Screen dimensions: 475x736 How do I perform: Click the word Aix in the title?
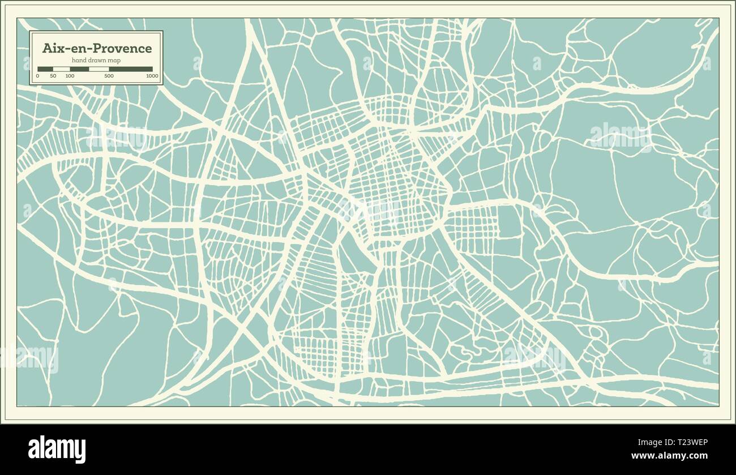(x=53, y=48)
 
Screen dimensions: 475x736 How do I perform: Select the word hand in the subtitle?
(x=79, y=61)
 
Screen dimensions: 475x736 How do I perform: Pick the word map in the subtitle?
(x=115, y=61)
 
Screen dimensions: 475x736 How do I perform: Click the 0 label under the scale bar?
(x=38, y=75)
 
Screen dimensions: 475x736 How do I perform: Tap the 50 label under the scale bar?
(x=53, y=75)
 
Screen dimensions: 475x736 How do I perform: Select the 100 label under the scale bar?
(x=70, y=75)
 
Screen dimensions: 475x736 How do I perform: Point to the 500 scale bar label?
(x=109, y=75)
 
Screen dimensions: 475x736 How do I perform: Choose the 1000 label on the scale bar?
(x=152, y=75)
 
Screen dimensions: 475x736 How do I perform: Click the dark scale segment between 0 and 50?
(x=45, y=69)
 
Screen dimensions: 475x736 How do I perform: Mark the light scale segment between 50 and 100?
(x=61, y=69)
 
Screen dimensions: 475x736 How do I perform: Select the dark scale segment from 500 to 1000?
(x=131, y=69)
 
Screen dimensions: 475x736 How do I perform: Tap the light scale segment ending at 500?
(x=99, y=69)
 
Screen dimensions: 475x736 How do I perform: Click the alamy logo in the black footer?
(x=57, y=449)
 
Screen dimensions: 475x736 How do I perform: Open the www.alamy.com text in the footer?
(x=669, y=456)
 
